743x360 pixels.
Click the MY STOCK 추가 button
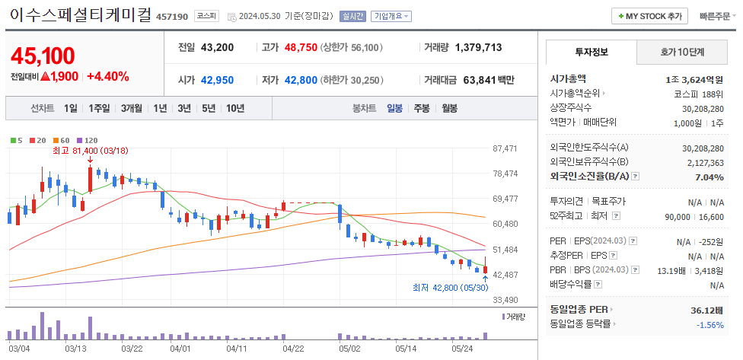tap(649, 16)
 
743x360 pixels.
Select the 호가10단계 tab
tap(682, 53)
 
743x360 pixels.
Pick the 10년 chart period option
tap(235, 108)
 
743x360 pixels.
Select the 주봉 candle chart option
tap(422, 108)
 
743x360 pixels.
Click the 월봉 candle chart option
tap(449, 108)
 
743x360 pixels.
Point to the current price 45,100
tap(43, 56)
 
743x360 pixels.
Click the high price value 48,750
tap(300, 47)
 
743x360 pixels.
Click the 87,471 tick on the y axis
tap(505, 148)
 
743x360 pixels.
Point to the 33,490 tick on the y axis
tap(505, 300)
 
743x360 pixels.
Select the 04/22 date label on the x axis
tap(294, 349)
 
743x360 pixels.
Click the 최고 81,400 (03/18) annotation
tap(85, 151)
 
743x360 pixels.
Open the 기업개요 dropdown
tap(392, 16)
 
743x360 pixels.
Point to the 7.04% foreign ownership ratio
tap(709, 177)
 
